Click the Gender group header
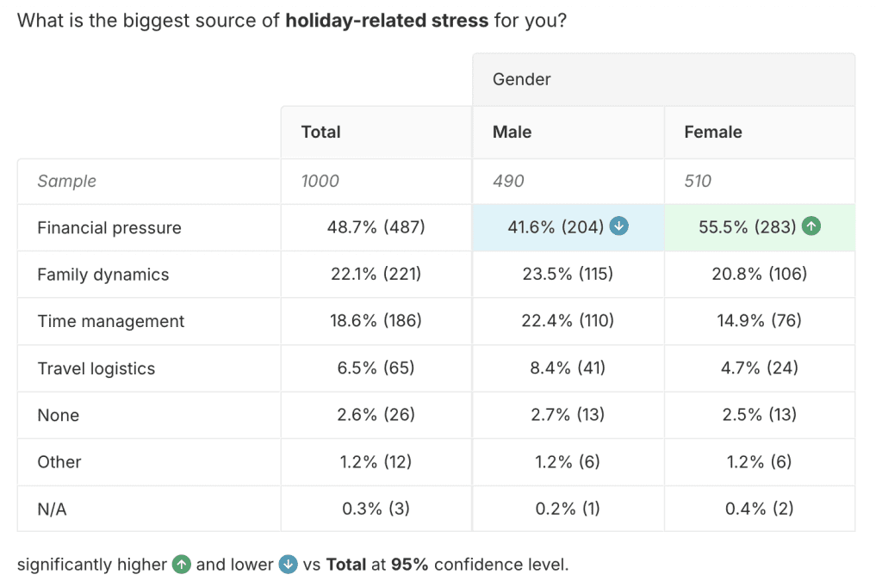tap(521, 79)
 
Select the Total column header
tap(320, 132)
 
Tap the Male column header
tap(512, 132)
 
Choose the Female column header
tap(712, 132)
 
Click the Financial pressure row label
tap(109, 228)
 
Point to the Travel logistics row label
tap(96, 368)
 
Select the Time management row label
tap(111, 321)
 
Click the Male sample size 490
tap(508, 181)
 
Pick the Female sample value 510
tap(698, 181)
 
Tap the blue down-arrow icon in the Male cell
tap(618, 226)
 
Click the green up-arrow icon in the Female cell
tap(811, 226)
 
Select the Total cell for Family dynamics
tap(376, 275)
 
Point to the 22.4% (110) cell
tap(568, 321)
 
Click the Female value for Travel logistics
tap(759, 368)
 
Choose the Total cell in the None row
tap(376, 415)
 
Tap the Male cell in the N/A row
tap(568, 509)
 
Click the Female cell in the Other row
tap(759, 462)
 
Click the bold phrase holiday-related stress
tap(387, 20)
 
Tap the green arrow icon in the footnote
tap(181, 565)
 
